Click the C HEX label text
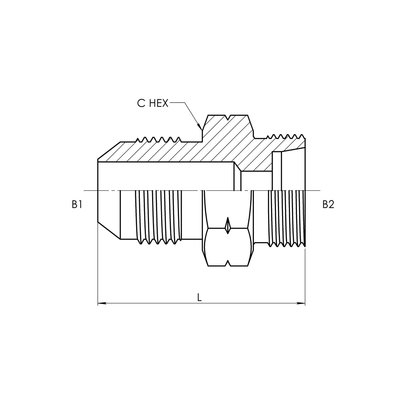153,103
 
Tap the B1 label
77,204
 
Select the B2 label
328,204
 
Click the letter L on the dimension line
199,297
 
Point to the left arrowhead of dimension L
102,303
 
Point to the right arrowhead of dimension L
301,303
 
